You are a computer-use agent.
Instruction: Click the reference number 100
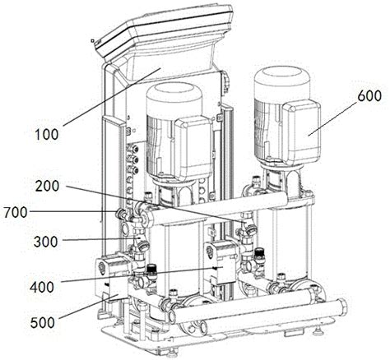(x=47, y=135)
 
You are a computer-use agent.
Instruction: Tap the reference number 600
(x=369, y=96)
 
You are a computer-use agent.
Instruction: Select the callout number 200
(x=48, y=186)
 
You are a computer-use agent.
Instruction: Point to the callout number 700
(x=16, y=212)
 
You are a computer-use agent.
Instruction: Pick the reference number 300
(x=46, y=242)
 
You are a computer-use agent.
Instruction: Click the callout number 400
(x=42, y=288)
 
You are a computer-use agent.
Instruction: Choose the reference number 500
(x=43, y=322)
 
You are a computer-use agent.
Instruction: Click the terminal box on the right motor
(x=302, y=132)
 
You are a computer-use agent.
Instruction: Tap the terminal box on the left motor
(x=193, y=146)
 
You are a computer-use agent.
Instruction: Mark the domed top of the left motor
(x=174, y=98)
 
